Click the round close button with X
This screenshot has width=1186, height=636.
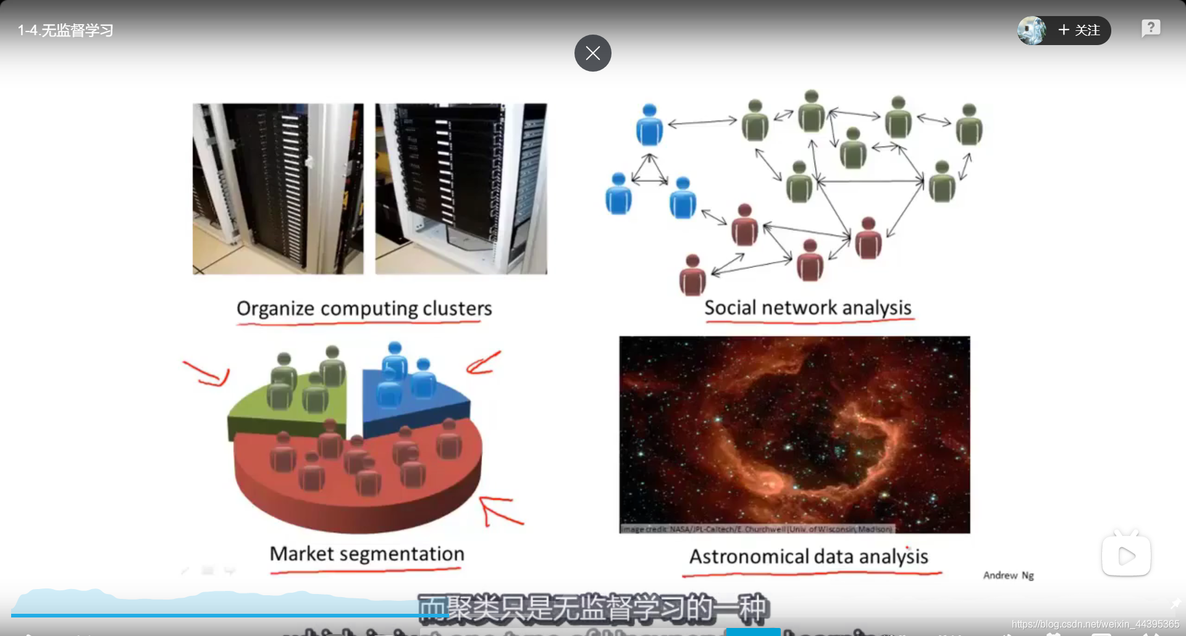point(593,53)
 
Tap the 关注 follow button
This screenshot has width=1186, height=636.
point(1079,30)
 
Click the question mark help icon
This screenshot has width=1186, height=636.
point(1151,28)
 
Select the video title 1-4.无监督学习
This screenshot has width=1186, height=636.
point(65,30)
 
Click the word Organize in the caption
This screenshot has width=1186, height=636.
point(275,308)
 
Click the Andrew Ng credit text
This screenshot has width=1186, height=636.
point(1008,575)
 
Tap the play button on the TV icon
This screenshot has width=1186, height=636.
point(1126,556)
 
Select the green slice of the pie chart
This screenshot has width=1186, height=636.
point(290,408)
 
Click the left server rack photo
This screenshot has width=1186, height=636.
point(278,188)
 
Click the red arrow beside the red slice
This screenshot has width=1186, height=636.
point(500,510)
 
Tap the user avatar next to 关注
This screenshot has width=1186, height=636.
point(1032,30)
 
